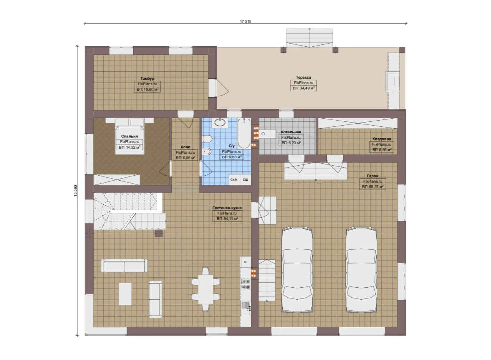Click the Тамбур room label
147,78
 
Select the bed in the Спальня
130,136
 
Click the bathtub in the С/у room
244,133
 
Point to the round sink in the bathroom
220,122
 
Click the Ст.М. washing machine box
234,180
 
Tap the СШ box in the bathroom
245,180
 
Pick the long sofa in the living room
124,266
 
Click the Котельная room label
290,132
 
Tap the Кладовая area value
382,150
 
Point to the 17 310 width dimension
245,21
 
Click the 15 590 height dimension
76,191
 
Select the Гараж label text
372,176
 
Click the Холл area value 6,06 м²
185,158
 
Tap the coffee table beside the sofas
125,294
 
